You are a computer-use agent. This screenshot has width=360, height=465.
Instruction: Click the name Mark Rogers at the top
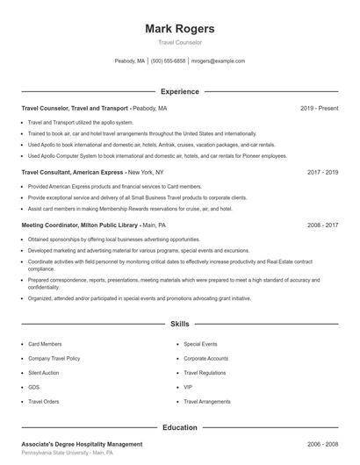point(179,28)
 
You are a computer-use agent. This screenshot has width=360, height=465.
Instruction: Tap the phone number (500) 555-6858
point(168,61)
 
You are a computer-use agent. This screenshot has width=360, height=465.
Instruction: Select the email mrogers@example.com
point(218,61)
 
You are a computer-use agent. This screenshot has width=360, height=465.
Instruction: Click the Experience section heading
point(179,91)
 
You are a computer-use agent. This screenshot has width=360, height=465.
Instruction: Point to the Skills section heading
point(179,324)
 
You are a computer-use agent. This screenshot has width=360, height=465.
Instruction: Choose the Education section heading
point(179,427)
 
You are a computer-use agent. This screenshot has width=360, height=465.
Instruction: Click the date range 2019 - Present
point(319,108)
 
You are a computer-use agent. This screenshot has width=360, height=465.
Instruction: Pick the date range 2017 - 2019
point(322,173)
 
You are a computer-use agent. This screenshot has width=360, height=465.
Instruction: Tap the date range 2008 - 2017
point(322,225)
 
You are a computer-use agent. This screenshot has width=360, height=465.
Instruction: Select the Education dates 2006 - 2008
point(322,445)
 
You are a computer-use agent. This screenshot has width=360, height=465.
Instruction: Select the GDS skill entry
point(34,387)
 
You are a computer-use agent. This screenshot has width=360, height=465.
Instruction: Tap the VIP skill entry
point(188,387)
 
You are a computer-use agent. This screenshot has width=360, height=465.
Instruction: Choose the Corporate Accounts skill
point(205,359)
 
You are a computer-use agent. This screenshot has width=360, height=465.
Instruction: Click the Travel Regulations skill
point(205,373)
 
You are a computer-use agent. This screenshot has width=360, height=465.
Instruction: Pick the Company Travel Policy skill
point(54,359)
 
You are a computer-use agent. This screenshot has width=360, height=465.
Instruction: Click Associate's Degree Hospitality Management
point(82,445)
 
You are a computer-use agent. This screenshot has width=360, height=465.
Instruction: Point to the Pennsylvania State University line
point(68,454)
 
